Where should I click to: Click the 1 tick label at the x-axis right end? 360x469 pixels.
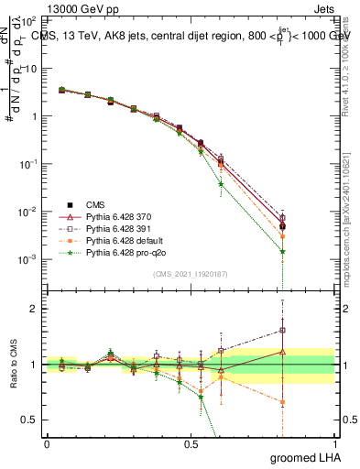(x=334, y=444)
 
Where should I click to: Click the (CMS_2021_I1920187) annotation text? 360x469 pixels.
(x=190, y=274)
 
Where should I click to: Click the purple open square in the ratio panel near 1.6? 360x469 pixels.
(x=283, y=331)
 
